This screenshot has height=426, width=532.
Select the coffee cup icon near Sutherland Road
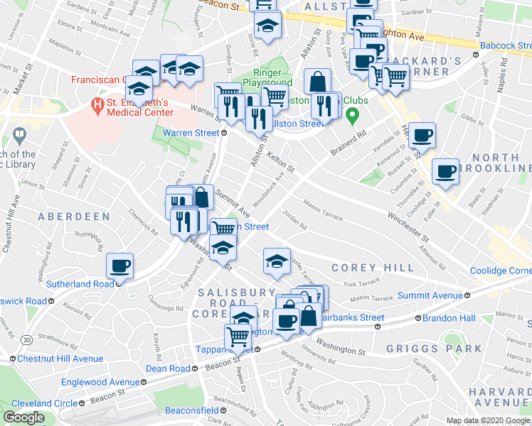tap(119, 266)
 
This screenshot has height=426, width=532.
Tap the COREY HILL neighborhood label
tap(372, 268)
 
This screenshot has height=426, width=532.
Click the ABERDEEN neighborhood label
tap(73, 216)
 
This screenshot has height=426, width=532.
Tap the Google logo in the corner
tap(23, 417)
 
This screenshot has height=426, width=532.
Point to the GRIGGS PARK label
tap(434, 349)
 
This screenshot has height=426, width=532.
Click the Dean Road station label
tap(168, 368)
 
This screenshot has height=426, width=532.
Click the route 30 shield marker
tap(26, 341)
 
